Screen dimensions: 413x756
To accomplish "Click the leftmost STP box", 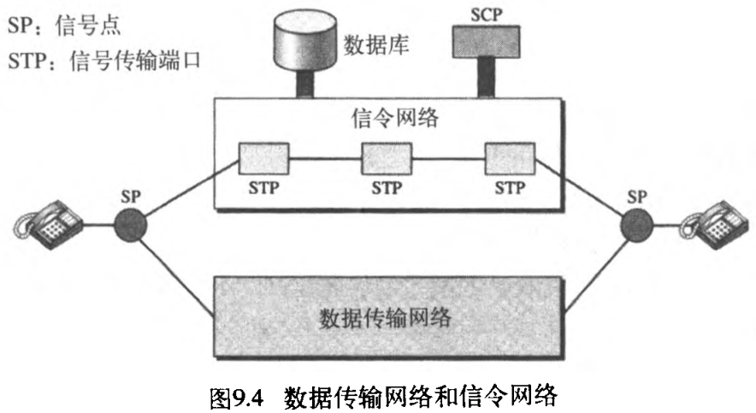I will (x=263, y=158).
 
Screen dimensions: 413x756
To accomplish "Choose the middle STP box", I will (x=387, y=158).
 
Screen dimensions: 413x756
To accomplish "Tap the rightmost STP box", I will (x=510, y=158).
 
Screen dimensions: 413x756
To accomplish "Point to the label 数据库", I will (x=376, y=44).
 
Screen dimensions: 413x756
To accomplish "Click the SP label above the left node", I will (x=133, y=195).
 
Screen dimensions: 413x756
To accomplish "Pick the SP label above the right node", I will (x=636, y=195).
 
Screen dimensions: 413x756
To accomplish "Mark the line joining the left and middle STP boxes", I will (x=325, y=158).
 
